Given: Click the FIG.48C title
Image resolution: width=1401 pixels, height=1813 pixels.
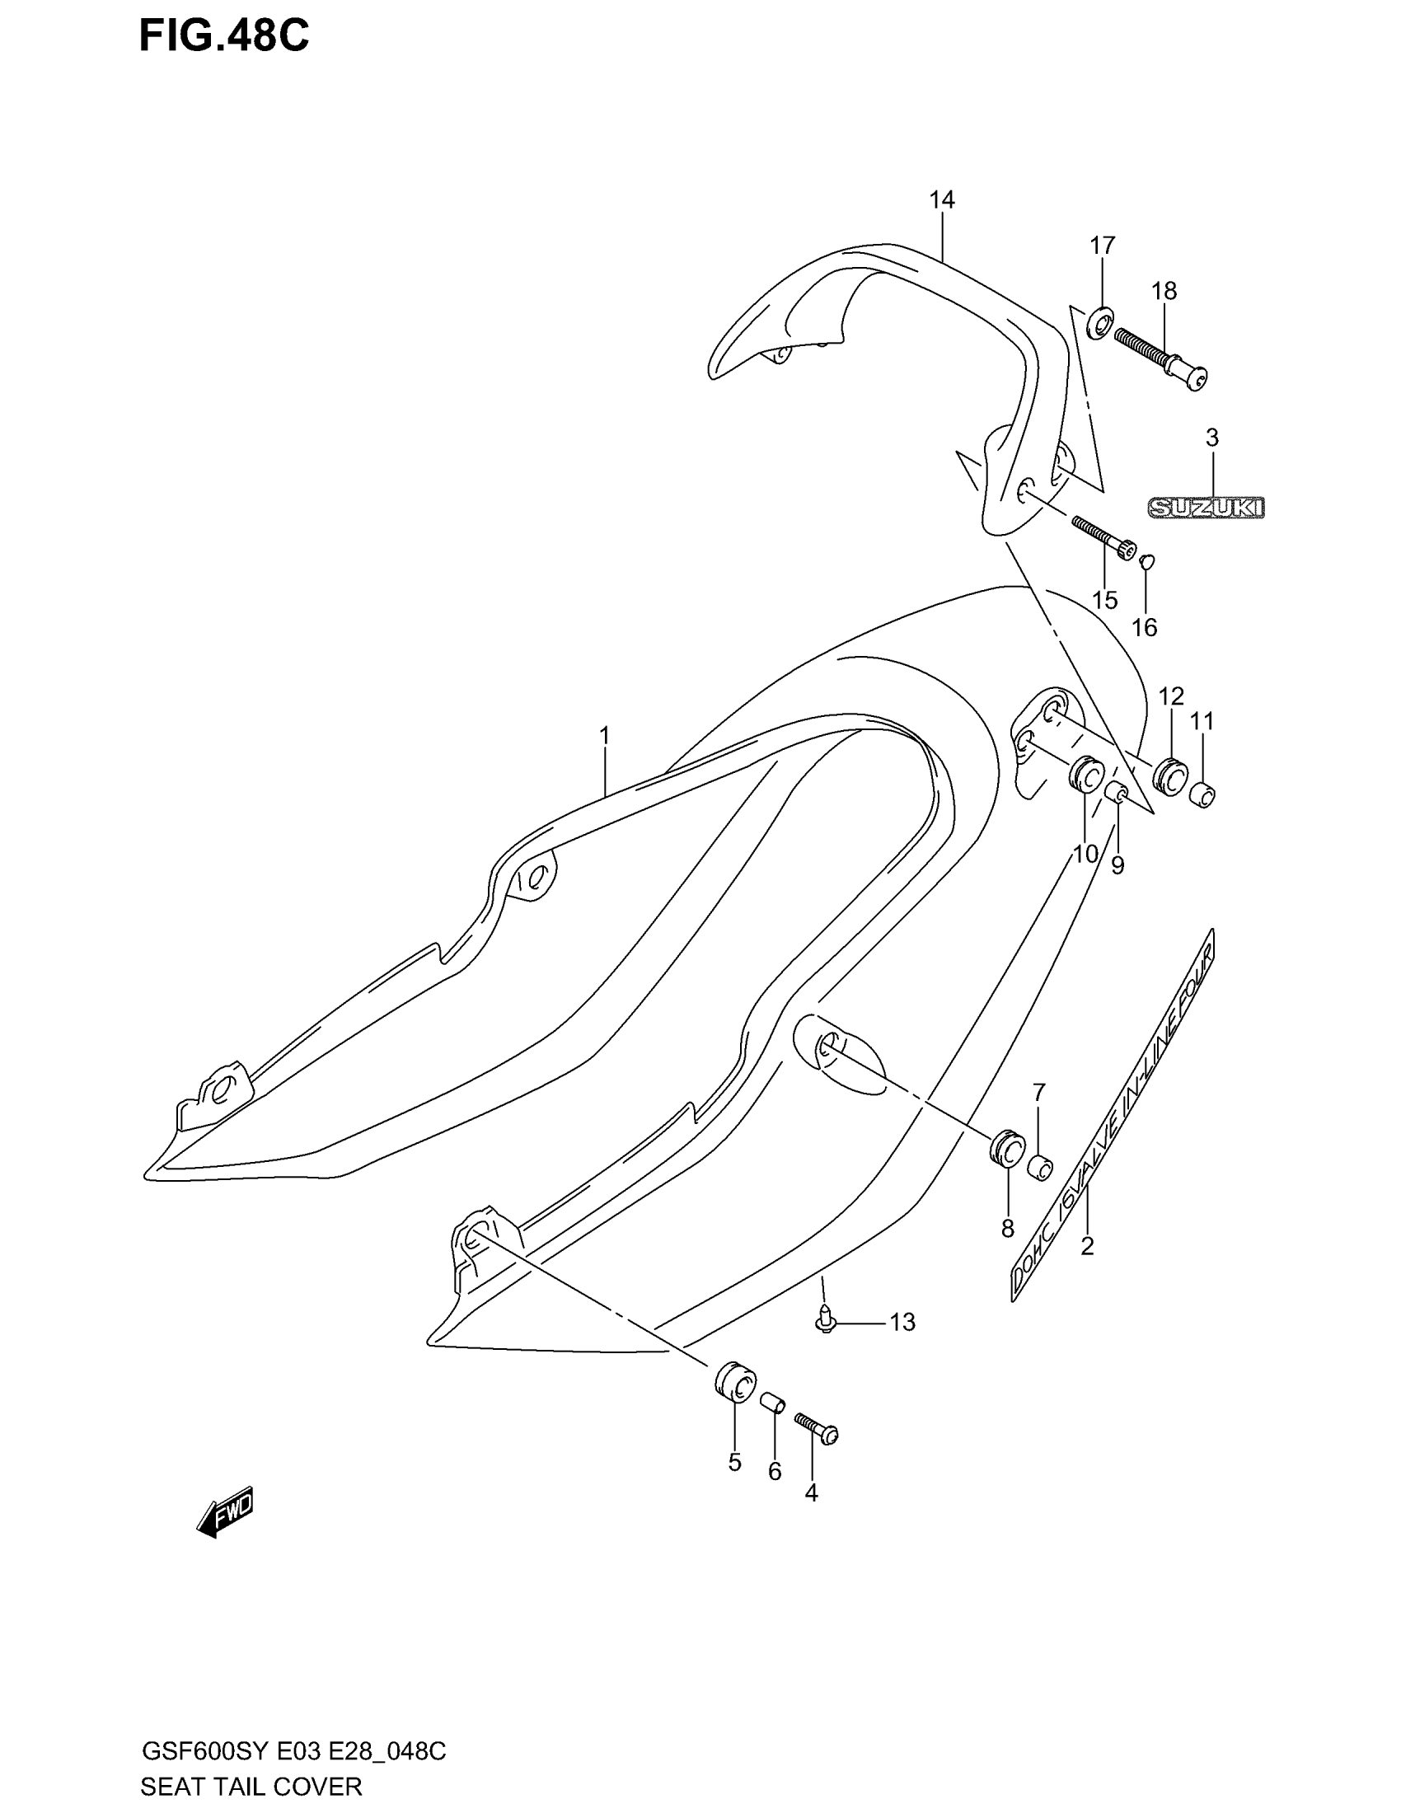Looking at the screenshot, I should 223,37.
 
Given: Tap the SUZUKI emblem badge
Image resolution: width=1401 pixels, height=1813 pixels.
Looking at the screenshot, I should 1206,507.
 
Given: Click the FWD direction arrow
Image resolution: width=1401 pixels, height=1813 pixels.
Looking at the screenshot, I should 225,1511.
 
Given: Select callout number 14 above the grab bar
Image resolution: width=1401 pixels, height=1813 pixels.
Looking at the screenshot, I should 942,200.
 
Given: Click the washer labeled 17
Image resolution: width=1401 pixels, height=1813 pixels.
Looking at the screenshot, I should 1100,321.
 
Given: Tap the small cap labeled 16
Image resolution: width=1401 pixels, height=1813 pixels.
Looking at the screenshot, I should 1147,561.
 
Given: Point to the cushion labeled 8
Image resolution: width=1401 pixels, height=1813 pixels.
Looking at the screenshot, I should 1009,1150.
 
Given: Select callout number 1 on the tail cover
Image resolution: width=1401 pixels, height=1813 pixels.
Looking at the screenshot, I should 604,735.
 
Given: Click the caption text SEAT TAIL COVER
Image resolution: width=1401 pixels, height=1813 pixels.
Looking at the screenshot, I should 251,1787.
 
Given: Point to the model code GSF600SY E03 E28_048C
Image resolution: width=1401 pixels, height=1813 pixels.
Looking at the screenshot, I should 294,1751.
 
